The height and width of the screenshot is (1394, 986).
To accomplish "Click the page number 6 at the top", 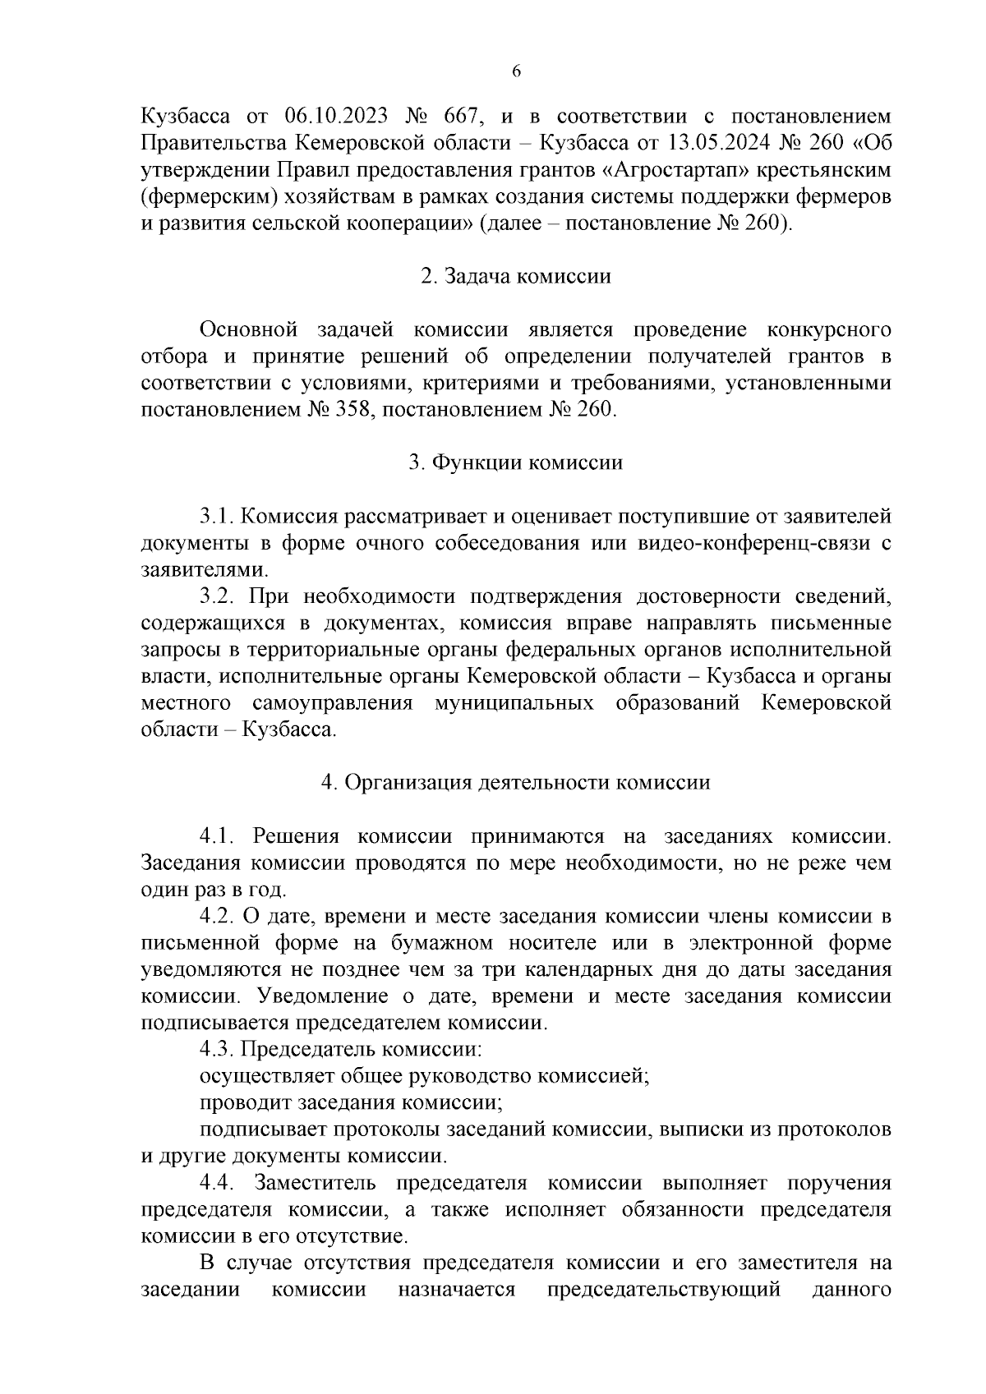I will [516, 71].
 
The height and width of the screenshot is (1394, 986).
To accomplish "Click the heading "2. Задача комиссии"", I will [515, 276].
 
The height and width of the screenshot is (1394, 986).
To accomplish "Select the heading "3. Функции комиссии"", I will [515, 462].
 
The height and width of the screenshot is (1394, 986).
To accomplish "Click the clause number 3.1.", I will [218, 516].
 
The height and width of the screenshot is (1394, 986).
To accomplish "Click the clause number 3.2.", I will [218, 596].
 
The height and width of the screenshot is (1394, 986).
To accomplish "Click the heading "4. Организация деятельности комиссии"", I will [515, 782].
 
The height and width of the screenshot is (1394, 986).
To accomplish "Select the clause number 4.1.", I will [218, 836].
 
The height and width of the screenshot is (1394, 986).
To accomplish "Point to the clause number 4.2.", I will [218, 916].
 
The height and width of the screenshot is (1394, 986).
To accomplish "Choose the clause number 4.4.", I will [218, 1183].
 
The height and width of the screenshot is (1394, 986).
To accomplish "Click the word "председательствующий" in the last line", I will [663, 1289].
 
